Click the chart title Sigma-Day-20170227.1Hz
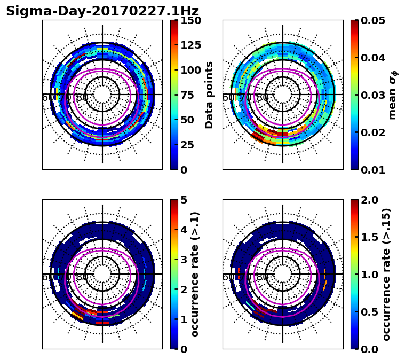click(x=102, y=11)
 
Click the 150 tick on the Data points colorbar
click(x=190, y=20)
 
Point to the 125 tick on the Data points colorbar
click(x=190, y=45)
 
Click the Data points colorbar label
click(x=209, y=95)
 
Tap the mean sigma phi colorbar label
click(x=392, y=95)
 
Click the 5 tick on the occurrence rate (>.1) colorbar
click(x=183, y=200)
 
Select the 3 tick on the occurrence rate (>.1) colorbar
click(x=183, y=260)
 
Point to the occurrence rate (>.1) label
click(x=195, y=274)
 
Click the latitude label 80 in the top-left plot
click(x=82, y=98)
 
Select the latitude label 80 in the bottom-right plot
click(x=263, y=277)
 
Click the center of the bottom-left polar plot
click(x=102, y=274)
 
